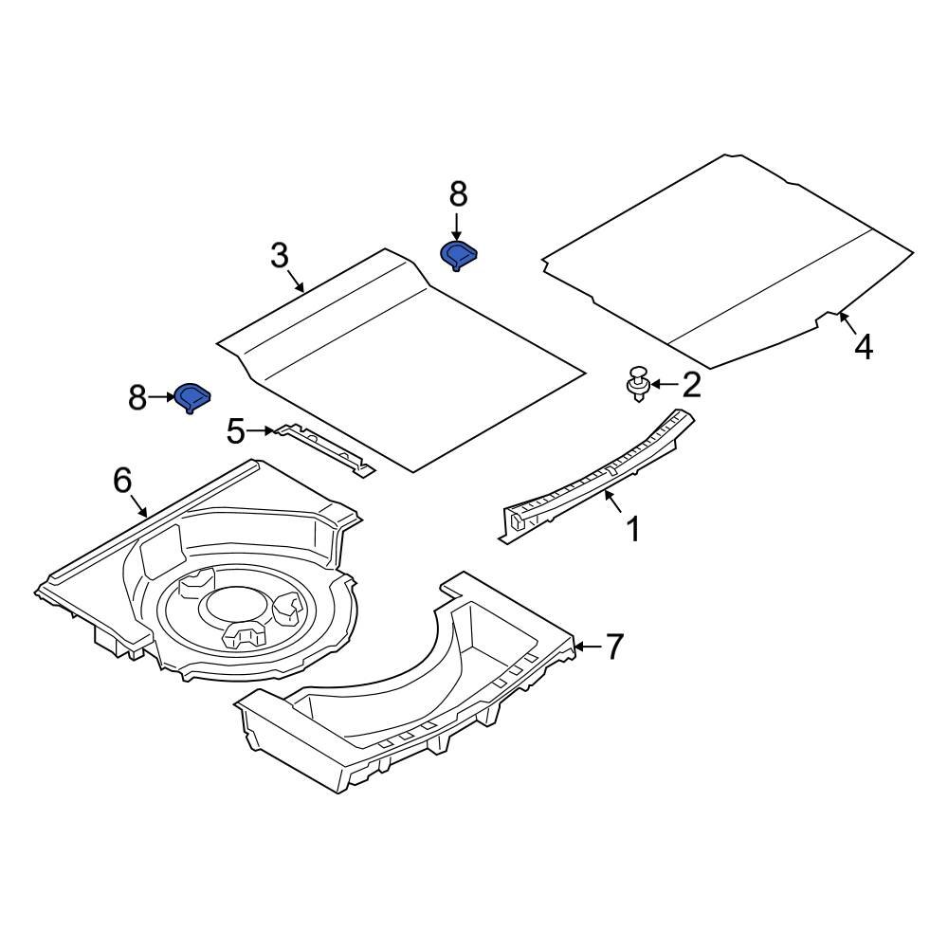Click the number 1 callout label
(x=633, y=529)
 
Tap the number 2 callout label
(x=691, y=385)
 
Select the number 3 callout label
(x=280, y=256)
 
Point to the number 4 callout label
(x=864, y=348)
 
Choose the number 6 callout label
(x=122, y=481)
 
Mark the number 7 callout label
(x=614, y=647)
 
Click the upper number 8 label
(x=458, y=194)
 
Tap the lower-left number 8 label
(x=137, y=398)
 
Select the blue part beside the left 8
(x=192, y=397)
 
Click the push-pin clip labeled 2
(x=637, y=383)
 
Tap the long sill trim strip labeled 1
(x=596, y=476)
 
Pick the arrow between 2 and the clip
(x=665, y=384)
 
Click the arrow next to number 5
(x=262, y=430)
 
